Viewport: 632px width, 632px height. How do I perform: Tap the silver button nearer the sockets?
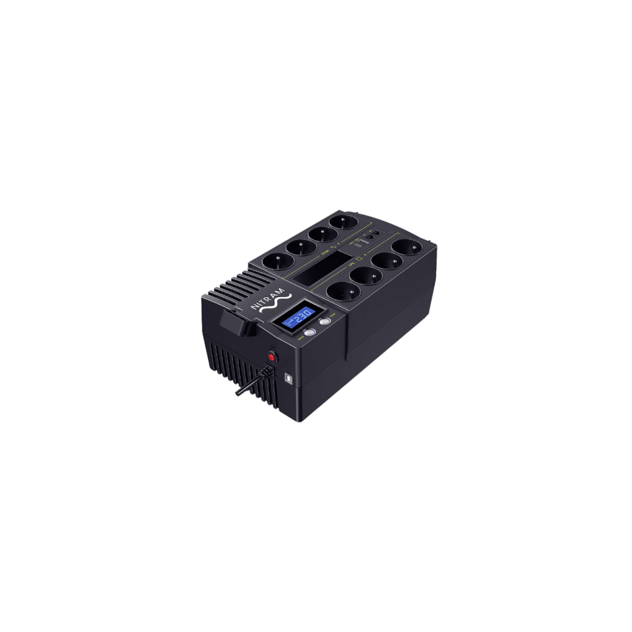[325, 322]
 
